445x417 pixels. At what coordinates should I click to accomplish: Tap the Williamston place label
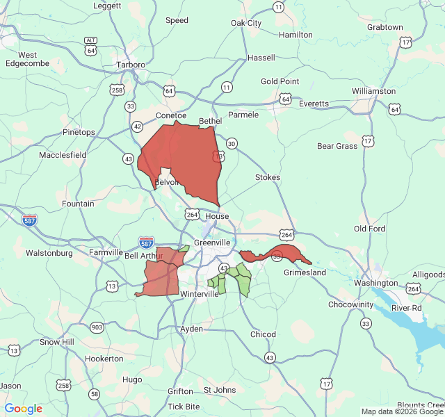tap(373, 91)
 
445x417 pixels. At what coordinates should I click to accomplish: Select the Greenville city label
tap(212, 243)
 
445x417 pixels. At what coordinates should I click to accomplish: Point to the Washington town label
tap(375, 283)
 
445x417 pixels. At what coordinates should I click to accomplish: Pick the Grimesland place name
tap(305, 272)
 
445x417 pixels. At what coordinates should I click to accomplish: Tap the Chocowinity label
tap(351, 304)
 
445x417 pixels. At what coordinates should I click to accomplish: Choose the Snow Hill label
tap(56, 342)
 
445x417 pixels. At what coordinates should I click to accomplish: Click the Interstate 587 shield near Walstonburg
tap(29, 220)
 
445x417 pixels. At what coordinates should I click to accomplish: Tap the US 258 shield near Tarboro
tap(117, 90)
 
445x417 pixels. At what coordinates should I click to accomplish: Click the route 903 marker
tap(97, 327)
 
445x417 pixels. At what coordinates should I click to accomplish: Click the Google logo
tap(24, 409)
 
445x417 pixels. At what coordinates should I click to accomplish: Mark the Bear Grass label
tap(337, 146)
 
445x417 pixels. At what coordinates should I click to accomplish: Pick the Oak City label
tap(246, 23)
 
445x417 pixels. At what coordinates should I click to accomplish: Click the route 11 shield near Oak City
tap(278, 7)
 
